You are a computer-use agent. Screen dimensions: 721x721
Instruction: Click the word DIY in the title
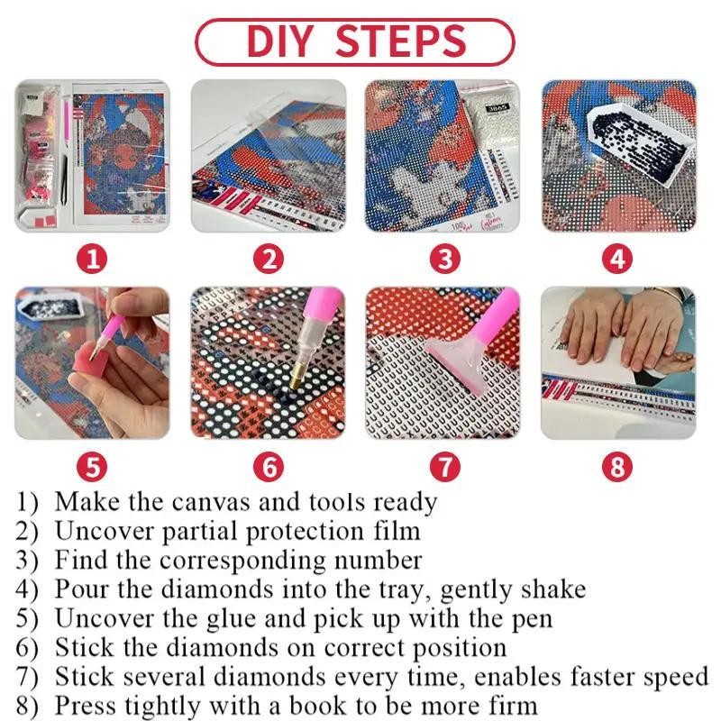[x=280, y=41]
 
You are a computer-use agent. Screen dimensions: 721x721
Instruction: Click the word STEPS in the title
[x=401, y=41]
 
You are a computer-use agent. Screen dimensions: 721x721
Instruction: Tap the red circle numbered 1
[x=92, y=259]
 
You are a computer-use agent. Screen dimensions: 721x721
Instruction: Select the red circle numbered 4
[x=617, y=259]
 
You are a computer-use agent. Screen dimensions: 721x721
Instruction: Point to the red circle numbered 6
[x=269, y=467]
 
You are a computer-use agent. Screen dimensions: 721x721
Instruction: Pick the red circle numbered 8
[x=617, y=467]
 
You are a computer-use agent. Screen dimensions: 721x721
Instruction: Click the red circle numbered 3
[x=444, y=259]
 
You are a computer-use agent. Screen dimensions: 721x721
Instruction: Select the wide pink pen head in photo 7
[x=453, y=361]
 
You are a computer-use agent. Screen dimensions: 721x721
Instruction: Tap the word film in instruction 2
[x=397, y=532]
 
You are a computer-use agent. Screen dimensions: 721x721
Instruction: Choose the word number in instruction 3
[x=378, y=561]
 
